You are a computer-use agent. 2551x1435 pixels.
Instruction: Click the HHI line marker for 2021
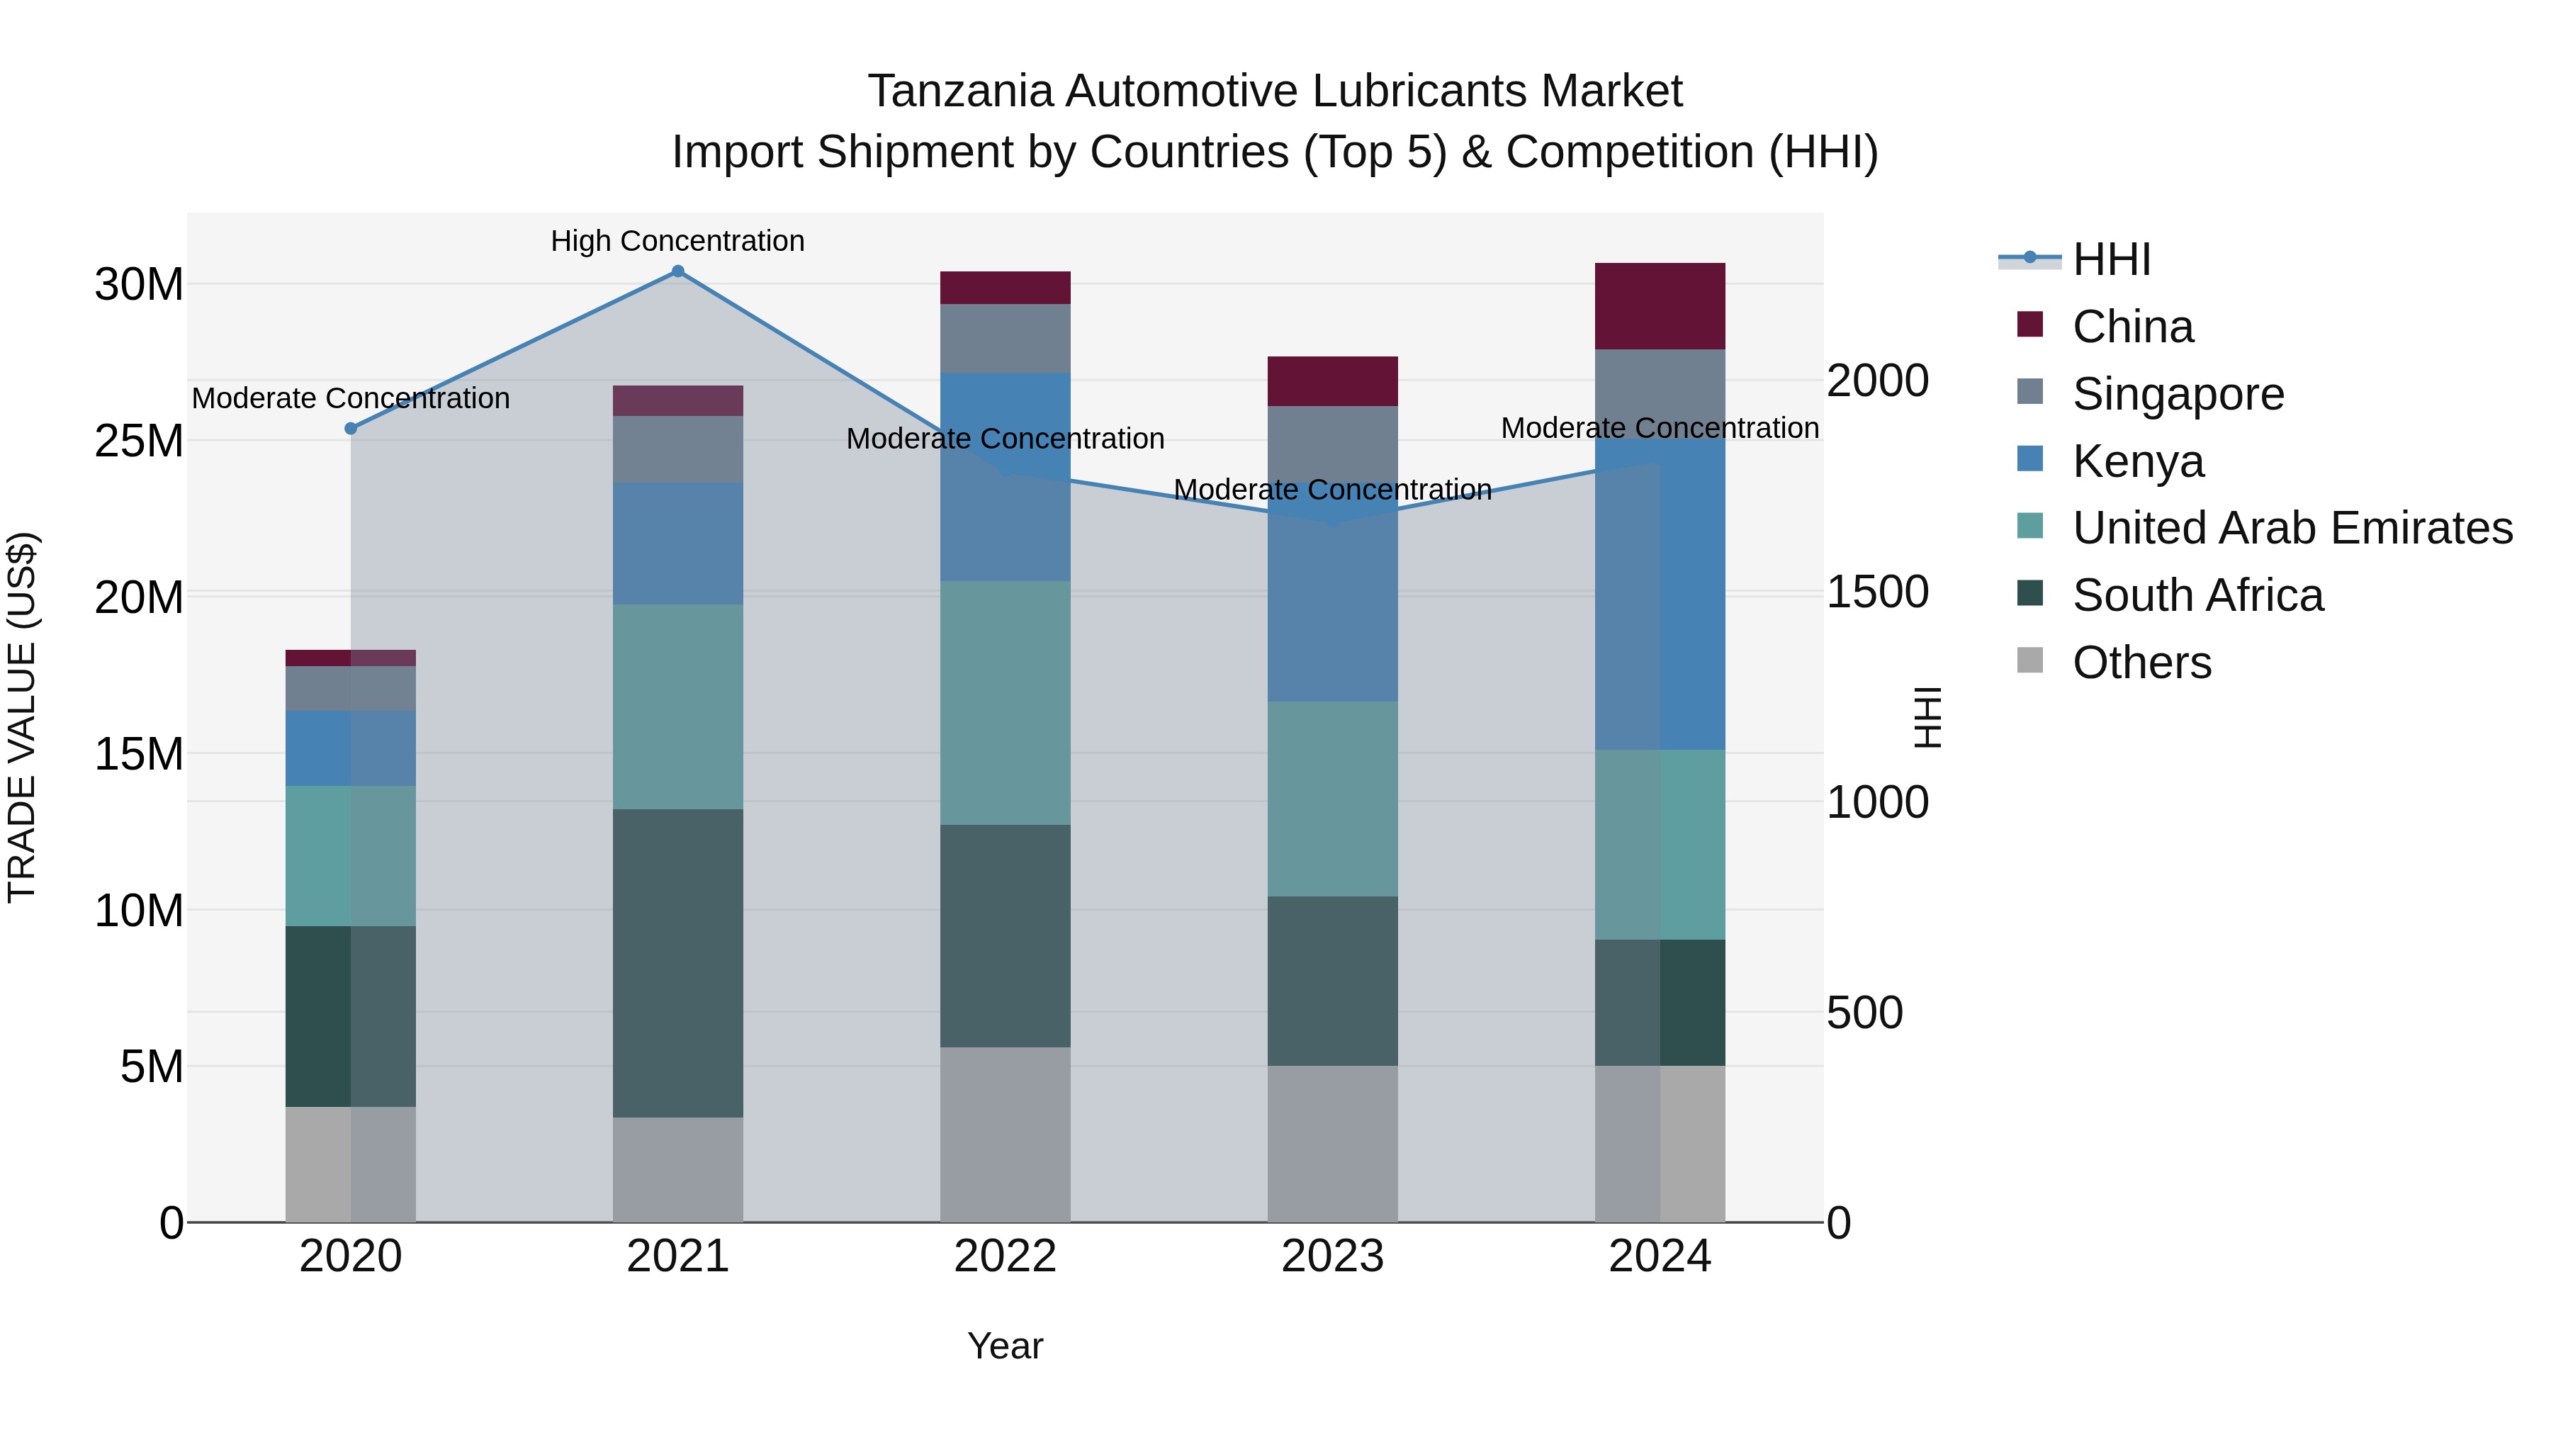677,271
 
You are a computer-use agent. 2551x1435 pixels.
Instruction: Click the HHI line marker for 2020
351,428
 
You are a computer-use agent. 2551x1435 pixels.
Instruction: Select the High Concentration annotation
677,241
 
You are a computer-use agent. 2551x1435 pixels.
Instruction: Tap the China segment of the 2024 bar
1660,306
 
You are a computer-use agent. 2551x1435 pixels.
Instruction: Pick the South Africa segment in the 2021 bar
677,962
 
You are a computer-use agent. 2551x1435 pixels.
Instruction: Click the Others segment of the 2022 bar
1005,1134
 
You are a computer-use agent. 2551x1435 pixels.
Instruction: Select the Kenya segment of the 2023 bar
1332,614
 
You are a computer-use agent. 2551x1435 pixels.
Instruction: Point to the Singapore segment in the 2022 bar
1005,338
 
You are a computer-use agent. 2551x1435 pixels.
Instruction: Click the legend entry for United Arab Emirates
2292,528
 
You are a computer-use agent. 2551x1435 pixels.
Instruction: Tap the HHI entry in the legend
2110,259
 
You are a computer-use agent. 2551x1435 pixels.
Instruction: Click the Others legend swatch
2030,660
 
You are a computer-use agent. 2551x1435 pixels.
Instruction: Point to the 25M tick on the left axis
139,441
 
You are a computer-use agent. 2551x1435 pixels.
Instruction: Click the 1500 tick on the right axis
1876,592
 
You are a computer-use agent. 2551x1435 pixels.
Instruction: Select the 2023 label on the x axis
1332,1256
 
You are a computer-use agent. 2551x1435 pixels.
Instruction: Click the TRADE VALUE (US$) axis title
22,717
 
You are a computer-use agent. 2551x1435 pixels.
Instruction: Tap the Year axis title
1004,1346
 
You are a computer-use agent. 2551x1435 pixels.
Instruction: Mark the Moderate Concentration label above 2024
1660,428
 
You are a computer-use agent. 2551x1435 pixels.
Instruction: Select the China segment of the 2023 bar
1332,381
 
